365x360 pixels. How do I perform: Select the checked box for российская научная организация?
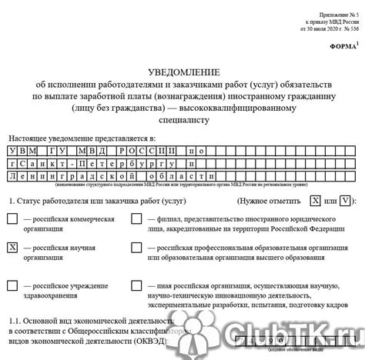pos(12,248)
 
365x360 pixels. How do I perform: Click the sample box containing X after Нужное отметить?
pos(314,200)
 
